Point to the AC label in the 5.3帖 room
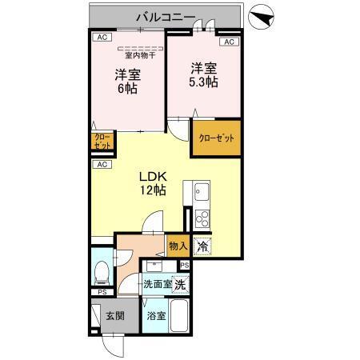228,42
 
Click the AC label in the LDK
101,165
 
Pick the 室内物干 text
139,55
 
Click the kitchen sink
201,193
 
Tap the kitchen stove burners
201,218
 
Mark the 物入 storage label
178,246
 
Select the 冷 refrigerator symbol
203,246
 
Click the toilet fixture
102,273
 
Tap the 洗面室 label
157,284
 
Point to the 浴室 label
156,315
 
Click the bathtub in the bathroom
179,319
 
